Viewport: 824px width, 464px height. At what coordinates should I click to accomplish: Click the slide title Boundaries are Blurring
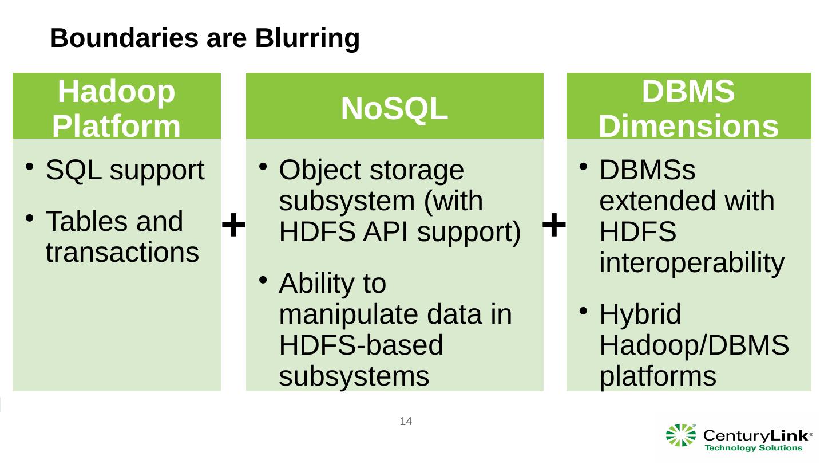pyautogui.click(x=205, y=38)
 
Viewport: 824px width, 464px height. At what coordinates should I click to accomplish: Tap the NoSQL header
pyautogui.click(x=394, y=109)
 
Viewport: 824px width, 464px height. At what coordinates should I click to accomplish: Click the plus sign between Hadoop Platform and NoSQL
pyautogui.click(x=233, y=225)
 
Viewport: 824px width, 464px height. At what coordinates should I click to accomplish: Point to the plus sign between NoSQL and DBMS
pyautogui.click(x=554, y=223)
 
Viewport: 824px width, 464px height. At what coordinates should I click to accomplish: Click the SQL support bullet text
pyautogui.click(x=125, y=170)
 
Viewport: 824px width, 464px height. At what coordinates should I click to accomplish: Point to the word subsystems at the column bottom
pyautogui.click(x=354, y=376)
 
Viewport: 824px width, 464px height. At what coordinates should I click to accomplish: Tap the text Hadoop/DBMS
pyautogui.click(x=694, y=345)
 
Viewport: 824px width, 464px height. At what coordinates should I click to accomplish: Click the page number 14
pyautogui.click(x=406, y=422)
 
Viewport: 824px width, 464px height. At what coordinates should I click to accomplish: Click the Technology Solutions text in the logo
pyautogui.click(x=753, y=448)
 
